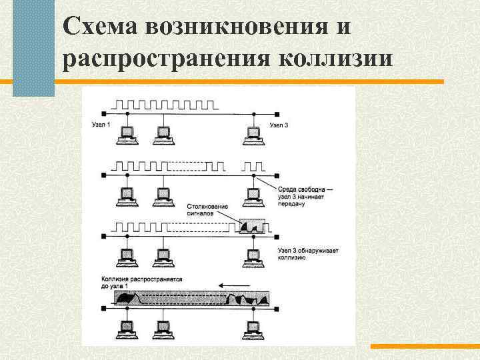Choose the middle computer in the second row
coord(161,195)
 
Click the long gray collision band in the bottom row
coord(192,298)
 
